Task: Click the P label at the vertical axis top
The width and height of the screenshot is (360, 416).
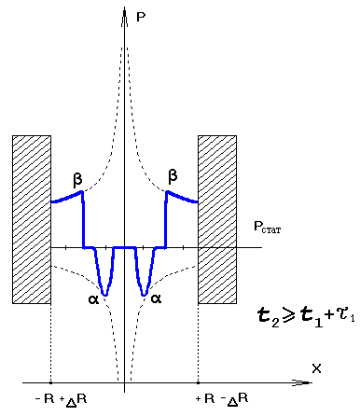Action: (141, 17)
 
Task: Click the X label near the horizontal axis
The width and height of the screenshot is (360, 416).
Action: (316, 368)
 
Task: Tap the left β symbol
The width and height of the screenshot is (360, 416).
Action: (77, 180)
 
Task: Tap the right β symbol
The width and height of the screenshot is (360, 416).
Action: (173, 176)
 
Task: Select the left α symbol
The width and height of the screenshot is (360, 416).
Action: (93, 299)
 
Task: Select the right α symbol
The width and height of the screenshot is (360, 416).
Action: (156, 298)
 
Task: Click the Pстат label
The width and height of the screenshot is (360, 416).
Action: (268, 227)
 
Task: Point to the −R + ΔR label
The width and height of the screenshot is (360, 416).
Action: (62, 399)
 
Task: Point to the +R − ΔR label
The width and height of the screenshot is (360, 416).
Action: (222, 399)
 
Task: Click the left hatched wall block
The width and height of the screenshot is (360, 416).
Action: (32, 219)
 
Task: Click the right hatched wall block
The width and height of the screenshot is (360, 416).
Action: (217, 219)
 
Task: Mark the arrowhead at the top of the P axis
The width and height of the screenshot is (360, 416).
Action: (124, 13)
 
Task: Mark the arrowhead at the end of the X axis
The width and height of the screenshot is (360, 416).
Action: (306, 382)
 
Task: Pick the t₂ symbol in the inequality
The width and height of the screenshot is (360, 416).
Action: (269, 317)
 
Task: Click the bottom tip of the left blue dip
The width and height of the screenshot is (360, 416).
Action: (105, 295)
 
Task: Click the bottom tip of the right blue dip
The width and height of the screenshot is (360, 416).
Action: (144, 295)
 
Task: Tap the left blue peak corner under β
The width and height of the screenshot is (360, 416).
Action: (82, 191)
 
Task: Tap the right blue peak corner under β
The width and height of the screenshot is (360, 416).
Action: (167, 191)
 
